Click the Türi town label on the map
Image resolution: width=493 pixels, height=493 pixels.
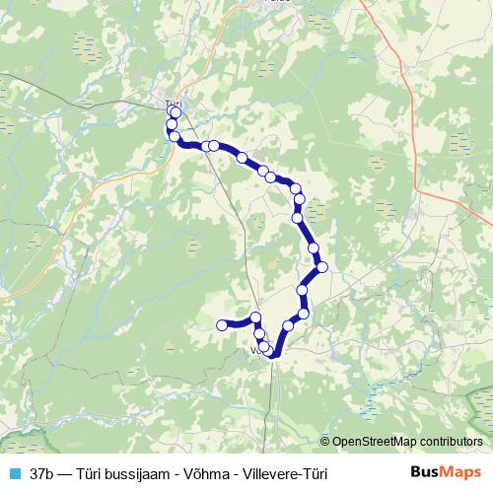174,103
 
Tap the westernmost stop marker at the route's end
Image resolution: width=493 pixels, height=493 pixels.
223,324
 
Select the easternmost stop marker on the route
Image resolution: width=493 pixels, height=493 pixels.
321,266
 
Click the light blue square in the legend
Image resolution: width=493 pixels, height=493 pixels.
13,473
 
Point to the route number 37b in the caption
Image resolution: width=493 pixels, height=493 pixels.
43,473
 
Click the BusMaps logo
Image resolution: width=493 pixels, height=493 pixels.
446,472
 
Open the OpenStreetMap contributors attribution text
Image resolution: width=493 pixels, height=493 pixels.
407,441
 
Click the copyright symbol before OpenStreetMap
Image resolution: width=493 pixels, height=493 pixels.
325,441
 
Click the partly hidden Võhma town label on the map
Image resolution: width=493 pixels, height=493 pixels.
258,349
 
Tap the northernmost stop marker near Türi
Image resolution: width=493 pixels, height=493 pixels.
176,112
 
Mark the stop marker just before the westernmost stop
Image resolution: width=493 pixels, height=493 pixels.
256,317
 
